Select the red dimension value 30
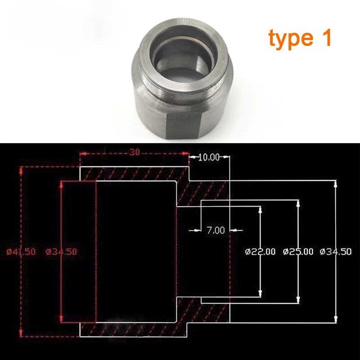(134, 152)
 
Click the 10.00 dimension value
(209, 157)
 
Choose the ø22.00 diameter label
(261, 252)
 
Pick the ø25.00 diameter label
(298, 252)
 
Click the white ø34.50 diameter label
(336, 252)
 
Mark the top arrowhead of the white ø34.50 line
(336, 184)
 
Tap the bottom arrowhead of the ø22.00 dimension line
(261, 293)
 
